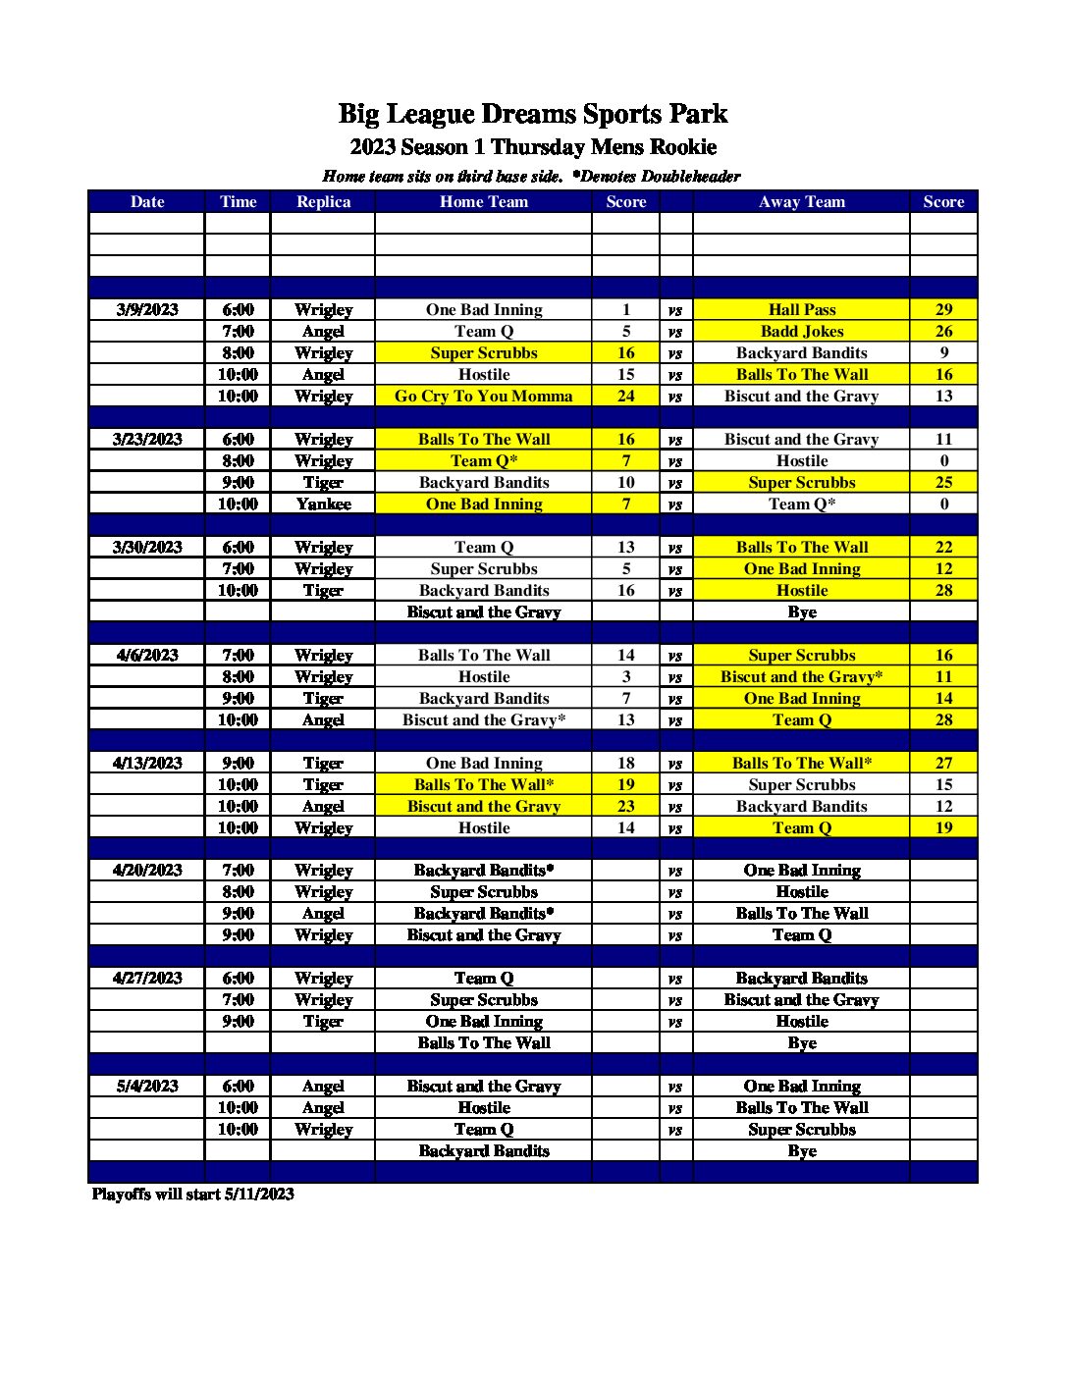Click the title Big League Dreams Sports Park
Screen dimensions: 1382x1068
[x=533, y=114]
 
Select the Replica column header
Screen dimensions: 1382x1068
[x=323, y=202]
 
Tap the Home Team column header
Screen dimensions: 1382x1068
[x=484, y=202]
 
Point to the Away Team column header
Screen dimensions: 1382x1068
[x=801, y=202]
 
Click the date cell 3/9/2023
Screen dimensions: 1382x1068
[x=147, y=310]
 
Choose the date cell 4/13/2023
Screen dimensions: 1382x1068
[x=147, y=764]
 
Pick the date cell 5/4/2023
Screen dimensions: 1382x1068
[x=147, y=1087]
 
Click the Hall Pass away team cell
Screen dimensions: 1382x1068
[x=801, y=310]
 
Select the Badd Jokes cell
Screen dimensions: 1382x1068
[x=801, y=332]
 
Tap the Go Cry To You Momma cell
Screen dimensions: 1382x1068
[x=484, y=397]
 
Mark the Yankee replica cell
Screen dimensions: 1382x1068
[x=323, y=505]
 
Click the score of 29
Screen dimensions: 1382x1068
[x=943, y=310]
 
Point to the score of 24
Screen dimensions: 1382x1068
[x=626, y=397]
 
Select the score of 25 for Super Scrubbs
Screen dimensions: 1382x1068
[x=943, y=483]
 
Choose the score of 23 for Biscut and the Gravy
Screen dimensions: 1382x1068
[x=626, y=807]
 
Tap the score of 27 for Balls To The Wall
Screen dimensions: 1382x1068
[x=943, y=764]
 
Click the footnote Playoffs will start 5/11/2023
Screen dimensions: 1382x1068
[x=193, y=1195]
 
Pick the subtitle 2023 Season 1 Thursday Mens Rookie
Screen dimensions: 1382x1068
[x=533, y=147]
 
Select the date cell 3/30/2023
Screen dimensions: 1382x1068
[x=147, y=548]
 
